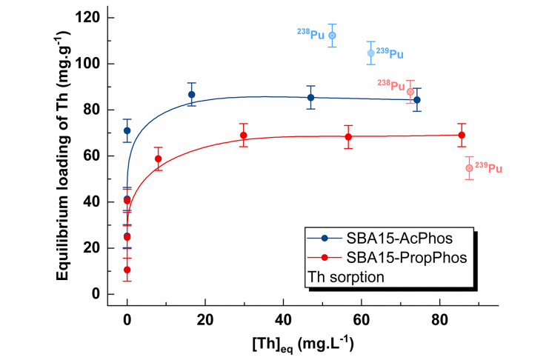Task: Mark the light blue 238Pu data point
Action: [333, 36]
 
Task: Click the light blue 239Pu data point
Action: [371, 53]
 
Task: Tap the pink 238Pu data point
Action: [410, 92]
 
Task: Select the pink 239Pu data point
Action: [469, 168]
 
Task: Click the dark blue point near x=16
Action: [191, 95]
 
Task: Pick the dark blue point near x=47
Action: [310, 98]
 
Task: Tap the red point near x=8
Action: [158, 159]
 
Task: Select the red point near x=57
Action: [348, 137]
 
